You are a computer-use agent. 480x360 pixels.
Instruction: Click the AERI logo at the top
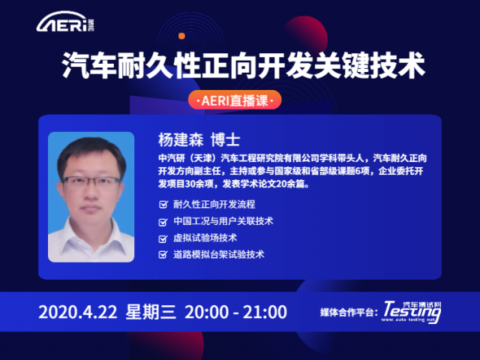click(x=65, y=22)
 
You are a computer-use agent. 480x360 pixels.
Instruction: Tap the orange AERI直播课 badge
click(x=235, y=100)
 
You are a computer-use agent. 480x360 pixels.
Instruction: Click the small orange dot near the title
click(x=181, y=36)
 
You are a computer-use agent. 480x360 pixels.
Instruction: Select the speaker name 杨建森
click(x=181, y=140)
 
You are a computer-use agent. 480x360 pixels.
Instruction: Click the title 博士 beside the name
click(x=225, y=140)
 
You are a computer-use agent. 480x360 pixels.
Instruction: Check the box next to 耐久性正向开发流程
click(x=163, y=204)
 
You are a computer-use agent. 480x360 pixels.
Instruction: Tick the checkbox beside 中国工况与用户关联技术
click(x=163, y=221)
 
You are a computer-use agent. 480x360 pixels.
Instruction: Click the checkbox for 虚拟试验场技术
click(x=163, y=238)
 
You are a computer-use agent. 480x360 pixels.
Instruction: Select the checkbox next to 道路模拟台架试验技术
click(x=163, y=254)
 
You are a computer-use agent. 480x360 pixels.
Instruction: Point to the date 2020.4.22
click(x=78, y=312)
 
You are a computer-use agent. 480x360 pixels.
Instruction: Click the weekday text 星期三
click(x=151, y=312)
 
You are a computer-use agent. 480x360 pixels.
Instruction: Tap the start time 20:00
click(x=207, y=312)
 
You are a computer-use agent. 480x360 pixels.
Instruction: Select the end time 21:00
click(x=265, y=312)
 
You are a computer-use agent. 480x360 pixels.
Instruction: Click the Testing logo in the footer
click(x=412, y=312)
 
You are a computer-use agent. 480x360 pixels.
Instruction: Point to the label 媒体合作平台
click(x=346, y=313)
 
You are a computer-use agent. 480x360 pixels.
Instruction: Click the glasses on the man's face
click(x=91, y=182)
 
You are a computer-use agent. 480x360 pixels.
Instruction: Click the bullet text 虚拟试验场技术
click(x=205, y=238)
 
